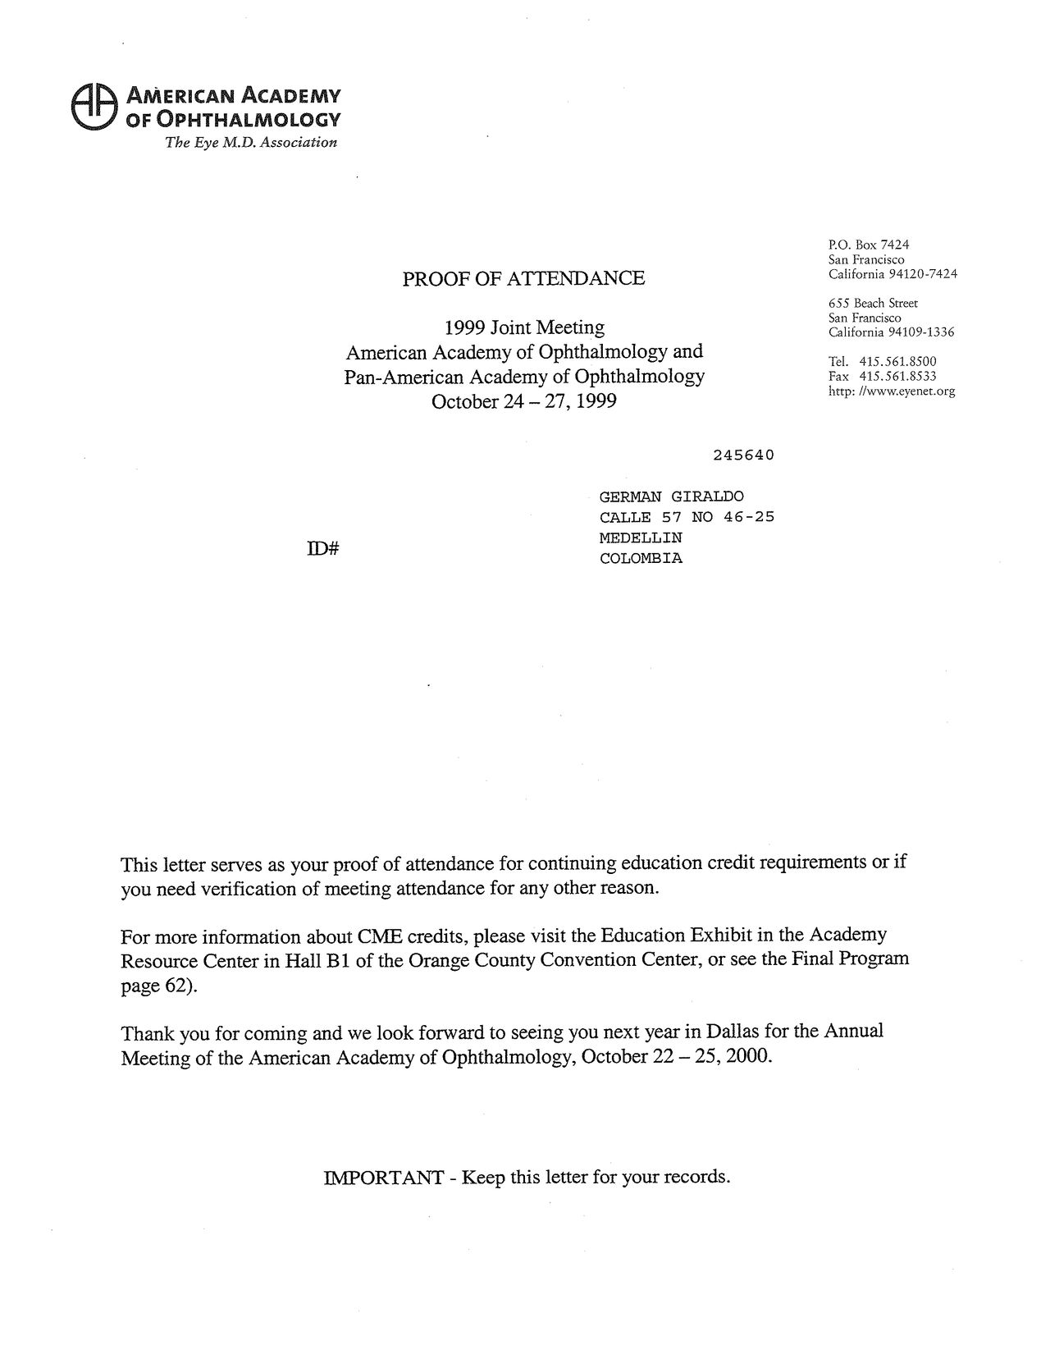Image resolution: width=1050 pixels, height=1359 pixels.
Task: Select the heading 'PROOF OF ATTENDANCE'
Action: (x=523, y=279)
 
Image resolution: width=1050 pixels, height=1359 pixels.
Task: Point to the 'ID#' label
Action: (x=323, y=550)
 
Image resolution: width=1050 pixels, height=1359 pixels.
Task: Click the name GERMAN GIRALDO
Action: (x=672, y=496)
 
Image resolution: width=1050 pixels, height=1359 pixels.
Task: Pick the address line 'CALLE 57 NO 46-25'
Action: (x=687, y=517)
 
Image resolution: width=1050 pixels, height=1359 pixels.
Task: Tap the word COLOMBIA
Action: (x=641, y=559)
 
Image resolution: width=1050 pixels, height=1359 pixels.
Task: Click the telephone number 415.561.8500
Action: (x=897, y=362)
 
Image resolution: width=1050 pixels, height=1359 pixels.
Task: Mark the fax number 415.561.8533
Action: (x=897, y=377)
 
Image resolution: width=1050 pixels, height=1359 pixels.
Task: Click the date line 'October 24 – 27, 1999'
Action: (x=523, y=402)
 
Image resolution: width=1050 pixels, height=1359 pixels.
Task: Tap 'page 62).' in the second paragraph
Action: (x=159, y=986)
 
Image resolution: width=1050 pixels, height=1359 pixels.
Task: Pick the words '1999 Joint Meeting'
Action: (x=524, y=328)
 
